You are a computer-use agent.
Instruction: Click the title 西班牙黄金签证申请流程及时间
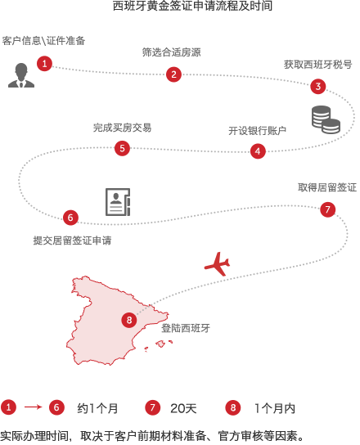pyautogui.click(x=192, y=6)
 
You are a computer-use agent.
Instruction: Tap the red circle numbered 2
pyautogui.click(x=173, y=74)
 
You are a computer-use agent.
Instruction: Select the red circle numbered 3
pyautogui.click(x=318, y=86)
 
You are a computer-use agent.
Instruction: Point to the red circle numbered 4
pyautogui.click(x=258, y=151)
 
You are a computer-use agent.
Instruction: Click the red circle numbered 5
pyautogui.click(x=122, y=148)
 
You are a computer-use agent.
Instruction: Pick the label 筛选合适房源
pyautogui.click(x=172, y=52)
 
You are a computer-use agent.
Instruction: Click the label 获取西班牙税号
pyautogui.click(x=318, y=65)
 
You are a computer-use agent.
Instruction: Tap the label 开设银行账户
pyautogui.click(x=257, y=131)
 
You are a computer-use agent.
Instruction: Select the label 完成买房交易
pyautogui.click(x=123, y=128)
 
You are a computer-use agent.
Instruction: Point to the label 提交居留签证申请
pyautogui.click(x=72, y=240)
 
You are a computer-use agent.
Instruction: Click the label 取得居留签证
pyautogui.click(x=327, y=187)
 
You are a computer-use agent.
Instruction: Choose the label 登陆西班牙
pyautogui.click(x=186, y=328)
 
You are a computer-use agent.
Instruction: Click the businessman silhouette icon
pyautogui.click(x=21, y=75)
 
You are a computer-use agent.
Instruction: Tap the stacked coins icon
pyautogui.click(x=326, y=119)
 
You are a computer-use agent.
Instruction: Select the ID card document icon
pyautogui.click(x=118, y=202)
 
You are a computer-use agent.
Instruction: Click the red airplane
pyautogui.click(x=218, y=264)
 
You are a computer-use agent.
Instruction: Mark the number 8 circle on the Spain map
pyautogui.click(x=129, y=320)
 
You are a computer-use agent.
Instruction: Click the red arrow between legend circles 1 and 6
pyautogui.click(x=34, y=407)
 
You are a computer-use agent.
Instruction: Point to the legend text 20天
pyautogui.click(x=183, y=408)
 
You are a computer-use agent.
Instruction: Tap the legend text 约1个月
pyautogui.click(x=97, y=408)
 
